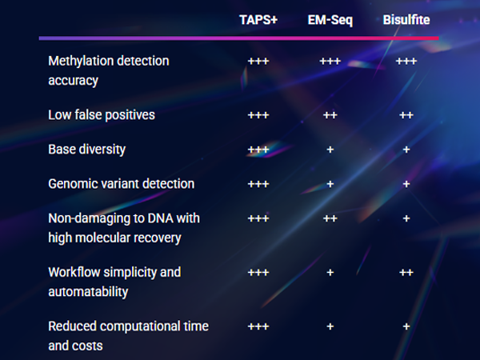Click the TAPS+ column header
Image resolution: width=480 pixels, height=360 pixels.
[258, 20]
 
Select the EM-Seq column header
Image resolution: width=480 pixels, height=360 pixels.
[330, 21]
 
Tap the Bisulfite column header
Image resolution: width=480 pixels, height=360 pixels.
[406, 20]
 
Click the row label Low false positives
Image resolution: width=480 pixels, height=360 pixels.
[102, 115]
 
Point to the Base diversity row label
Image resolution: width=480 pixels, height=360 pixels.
[87, 150]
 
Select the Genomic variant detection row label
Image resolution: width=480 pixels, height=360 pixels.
[122, 184]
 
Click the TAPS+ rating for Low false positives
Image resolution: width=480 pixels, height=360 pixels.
[258, 115]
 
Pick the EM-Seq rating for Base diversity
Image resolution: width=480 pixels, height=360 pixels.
[330, 150]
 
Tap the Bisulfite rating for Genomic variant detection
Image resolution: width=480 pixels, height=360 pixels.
[406, 184]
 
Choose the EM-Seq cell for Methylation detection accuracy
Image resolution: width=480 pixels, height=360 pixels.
[330, 62]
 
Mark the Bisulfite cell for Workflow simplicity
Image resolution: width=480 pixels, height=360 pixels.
[406, 273]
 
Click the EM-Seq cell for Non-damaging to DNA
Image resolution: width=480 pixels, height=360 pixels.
[330, 218]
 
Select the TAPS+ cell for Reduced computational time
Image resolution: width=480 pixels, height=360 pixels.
[258, 326]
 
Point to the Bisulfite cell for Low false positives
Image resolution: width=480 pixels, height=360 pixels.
[406, 115]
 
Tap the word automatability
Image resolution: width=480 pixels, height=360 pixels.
[88, 292]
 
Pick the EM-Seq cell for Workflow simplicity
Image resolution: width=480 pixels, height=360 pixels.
[330, 273]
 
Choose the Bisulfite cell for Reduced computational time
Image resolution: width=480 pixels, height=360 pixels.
[406, 326]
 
